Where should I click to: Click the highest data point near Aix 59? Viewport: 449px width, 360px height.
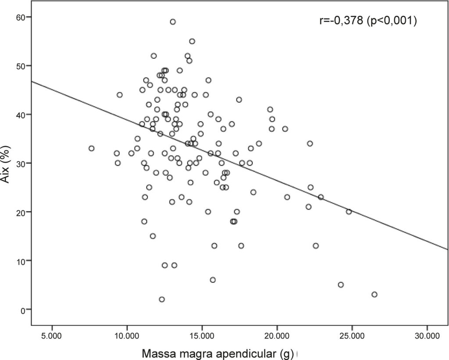click(x=173, y=22)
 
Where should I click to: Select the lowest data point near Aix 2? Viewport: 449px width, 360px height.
click(x=162, y=299)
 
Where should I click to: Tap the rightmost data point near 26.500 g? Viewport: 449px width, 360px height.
click(x=374, y=294)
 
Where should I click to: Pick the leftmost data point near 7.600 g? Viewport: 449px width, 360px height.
click(x=91, y=148)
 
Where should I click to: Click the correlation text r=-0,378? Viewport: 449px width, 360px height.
click(x=341, y=21)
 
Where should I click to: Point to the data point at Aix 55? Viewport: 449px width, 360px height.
click(x=192, y=41)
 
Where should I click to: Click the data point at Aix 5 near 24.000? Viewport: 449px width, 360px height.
click(x=341, y=285)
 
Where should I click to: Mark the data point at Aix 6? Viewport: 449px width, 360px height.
click(x=213, y=280)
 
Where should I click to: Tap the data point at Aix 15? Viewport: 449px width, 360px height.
click(x=153, y=236)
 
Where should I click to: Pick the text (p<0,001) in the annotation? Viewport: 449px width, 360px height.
click(x=392, y=21)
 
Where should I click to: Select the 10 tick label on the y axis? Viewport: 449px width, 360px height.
click(x=21, y=260)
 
